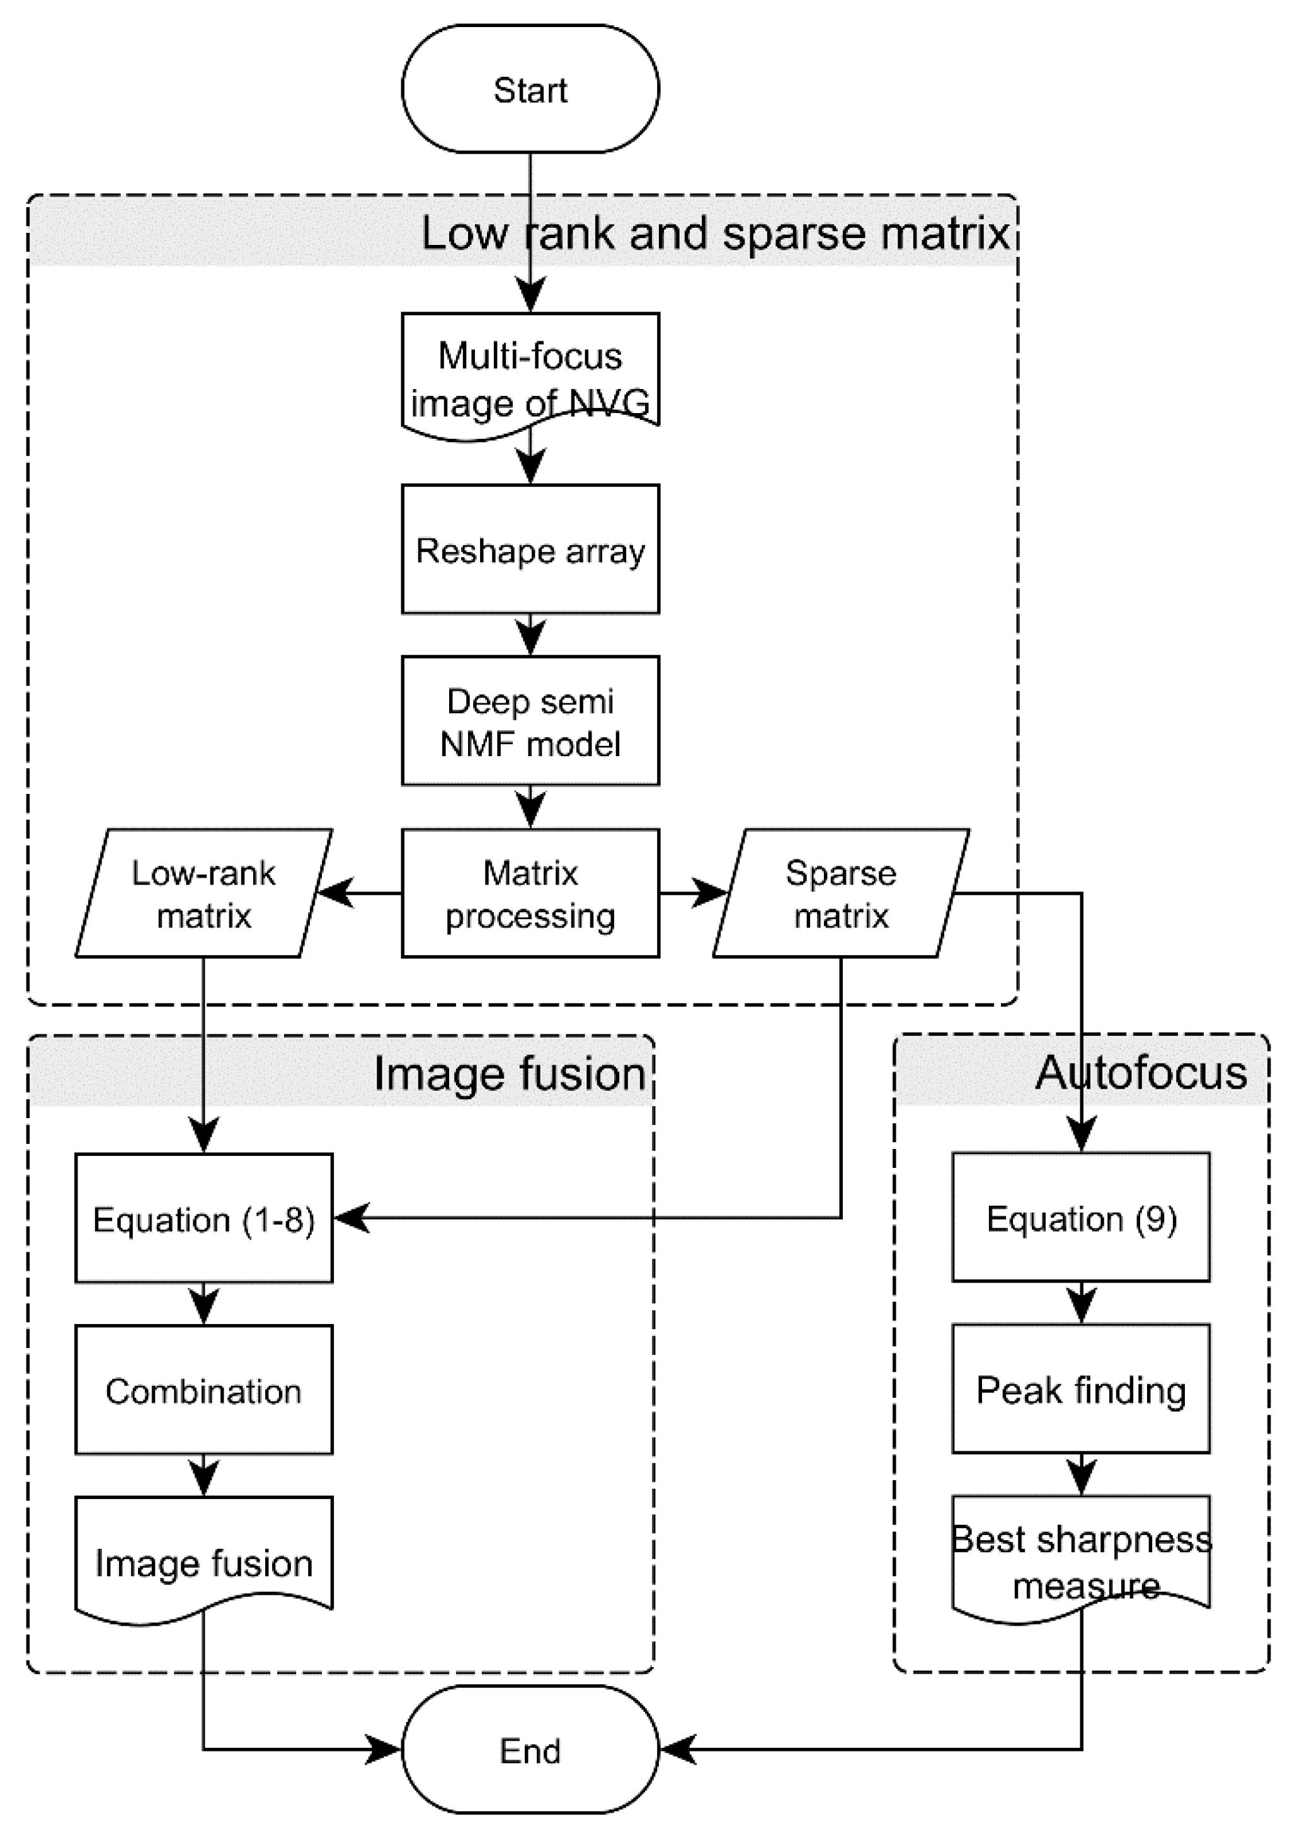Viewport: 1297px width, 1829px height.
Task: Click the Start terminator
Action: point(530,89)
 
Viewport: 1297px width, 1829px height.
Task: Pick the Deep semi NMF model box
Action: point(530,721)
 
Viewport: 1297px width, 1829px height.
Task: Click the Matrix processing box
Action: point(530,893)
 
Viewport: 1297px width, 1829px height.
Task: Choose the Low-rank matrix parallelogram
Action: point(203,893)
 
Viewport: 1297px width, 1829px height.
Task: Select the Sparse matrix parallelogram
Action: point(840,893)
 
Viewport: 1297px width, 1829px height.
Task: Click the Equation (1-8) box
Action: point(203,1218)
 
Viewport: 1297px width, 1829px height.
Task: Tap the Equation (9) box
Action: point(1080,1218)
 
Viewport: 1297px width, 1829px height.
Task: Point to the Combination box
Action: point(203,1390)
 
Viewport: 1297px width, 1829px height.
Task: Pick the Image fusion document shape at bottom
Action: point(203,1561)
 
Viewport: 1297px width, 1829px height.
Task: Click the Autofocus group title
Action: point(1140,1072)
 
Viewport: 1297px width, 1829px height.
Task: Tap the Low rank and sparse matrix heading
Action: point(715,233)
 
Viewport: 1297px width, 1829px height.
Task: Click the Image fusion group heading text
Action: point(510,1073)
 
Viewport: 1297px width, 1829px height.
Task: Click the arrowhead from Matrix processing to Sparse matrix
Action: point(709,893)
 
